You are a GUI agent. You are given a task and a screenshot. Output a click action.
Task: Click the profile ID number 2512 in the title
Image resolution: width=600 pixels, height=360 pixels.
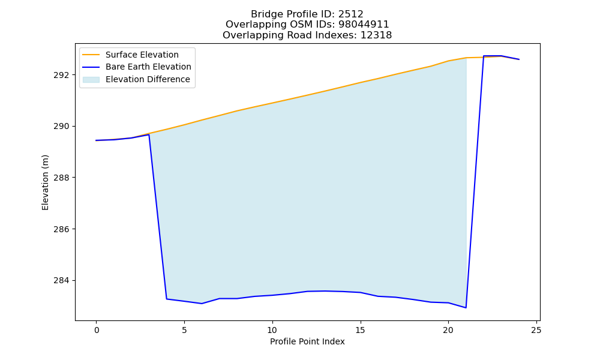click(350, 14)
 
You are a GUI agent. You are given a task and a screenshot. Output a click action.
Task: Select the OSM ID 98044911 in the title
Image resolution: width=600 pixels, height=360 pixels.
click(364, 25)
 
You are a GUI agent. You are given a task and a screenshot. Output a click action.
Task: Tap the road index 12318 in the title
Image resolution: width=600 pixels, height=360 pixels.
click(376, 35)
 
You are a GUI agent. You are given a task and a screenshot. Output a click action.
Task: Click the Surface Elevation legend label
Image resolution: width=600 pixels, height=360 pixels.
click(142, 55)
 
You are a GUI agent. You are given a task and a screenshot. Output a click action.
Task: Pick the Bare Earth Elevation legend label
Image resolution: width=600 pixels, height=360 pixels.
click(148, 67)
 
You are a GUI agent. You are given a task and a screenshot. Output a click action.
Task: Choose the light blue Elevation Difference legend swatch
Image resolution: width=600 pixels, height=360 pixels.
click(91, 80)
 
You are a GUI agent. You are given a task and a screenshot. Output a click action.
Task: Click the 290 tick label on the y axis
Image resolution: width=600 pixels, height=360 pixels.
click(61, 126)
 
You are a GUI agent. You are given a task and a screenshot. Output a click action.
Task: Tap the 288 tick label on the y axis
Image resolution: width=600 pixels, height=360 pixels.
click(61, 178)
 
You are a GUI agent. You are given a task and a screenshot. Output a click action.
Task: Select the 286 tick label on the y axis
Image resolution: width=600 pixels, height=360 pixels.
click(61, 229)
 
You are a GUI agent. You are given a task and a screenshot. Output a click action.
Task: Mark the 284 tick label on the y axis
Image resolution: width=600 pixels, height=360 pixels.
click(61, 280)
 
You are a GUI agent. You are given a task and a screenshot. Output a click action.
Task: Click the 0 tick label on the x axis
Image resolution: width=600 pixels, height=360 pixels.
click(97, 330)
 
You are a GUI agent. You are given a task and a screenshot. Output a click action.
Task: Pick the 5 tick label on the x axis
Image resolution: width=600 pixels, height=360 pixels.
click(184, 330)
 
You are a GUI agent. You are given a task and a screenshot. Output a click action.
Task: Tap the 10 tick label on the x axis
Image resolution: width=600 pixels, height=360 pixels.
click(272, 330)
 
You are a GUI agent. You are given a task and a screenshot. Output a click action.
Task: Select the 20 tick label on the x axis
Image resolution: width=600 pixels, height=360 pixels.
click(448, 330)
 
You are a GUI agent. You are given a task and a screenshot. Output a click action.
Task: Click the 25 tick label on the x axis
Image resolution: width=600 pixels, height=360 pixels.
click(536, 330)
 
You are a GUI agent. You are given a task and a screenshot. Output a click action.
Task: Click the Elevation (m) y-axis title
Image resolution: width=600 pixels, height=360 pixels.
click(45, 182)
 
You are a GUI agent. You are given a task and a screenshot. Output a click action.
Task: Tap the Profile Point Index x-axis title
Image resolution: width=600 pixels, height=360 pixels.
click(307, 341)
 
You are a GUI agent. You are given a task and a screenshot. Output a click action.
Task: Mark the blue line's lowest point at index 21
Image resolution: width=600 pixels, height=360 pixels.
click(466, 308)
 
